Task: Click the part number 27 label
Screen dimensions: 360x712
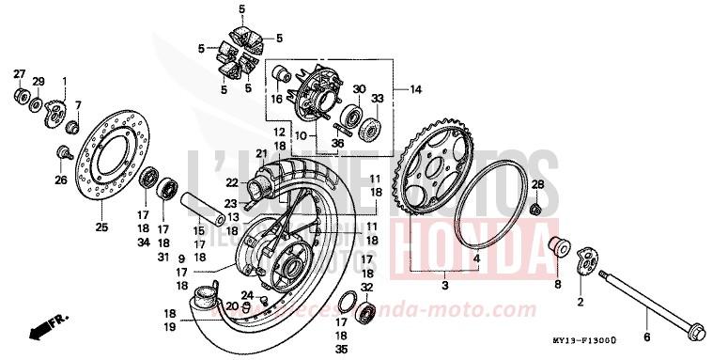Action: [x=19, y=74]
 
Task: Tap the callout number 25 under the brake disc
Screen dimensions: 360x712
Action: [x=101, y=227]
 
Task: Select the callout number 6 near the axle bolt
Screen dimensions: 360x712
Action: [x=645, y=337]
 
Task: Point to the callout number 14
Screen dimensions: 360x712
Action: [x=414, y=91]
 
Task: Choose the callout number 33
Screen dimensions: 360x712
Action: [x=377, y=99]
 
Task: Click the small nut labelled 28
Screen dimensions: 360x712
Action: [x=534, y=207]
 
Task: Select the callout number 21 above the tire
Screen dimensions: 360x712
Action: [x=261, y=153]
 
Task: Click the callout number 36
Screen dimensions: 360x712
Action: [x=337, y=144]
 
